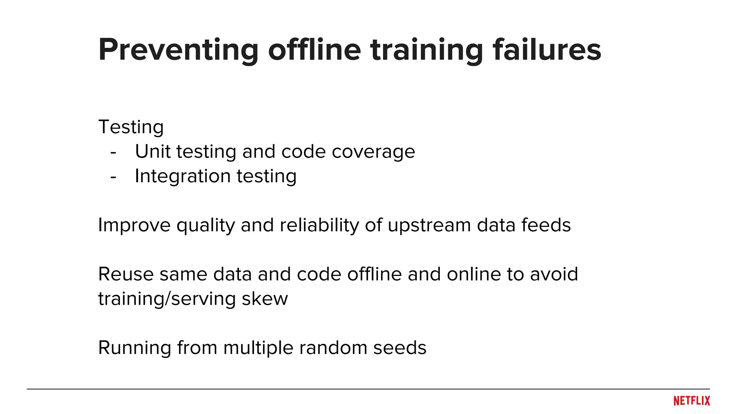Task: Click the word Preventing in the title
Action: pos(178,50)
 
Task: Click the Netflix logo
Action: pos(691,401)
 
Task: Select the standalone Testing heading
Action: pos(131,127)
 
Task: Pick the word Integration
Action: pos(183,176)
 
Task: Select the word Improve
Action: pos(134,226)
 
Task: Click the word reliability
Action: pos(319,226)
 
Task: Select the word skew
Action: pos(264,299)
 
